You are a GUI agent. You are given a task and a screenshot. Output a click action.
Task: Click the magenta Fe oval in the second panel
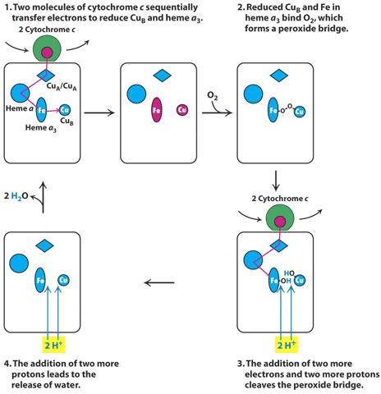coord(157,110)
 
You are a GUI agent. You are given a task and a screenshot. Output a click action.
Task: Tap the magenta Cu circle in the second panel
coord(182,110)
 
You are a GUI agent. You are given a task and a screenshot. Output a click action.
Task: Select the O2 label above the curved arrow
coord(213,96)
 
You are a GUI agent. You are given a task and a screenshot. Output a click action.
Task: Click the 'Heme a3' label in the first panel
coord(41,128)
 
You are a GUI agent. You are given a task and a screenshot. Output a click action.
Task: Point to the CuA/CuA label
coord(62,86)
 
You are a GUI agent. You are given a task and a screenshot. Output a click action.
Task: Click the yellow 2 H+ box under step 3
coord(287,345)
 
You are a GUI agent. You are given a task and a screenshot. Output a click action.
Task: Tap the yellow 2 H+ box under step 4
coord(53,345)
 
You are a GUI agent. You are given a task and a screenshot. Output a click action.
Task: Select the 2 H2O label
coord(16,196)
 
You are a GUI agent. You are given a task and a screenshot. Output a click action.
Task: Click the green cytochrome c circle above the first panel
coord(47,49)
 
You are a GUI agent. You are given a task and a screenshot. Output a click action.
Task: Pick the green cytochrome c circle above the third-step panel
coord(280,219)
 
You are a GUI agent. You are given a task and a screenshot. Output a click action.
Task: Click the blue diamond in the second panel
coord(162,76)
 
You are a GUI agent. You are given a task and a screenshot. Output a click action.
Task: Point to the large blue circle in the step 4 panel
coord(19,263)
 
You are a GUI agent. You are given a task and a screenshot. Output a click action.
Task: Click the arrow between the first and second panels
coord(99,112)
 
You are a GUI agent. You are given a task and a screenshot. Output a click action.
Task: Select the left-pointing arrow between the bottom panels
coord(159,282)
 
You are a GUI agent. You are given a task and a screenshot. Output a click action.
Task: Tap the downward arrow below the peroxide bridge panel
coord(276,181)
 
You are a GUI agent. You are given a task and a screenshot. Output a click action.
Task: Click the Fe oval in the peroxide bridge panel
coord(273,110)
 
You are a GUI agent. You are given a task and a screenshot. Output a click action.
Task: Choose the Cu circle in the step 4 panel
coord(63,280)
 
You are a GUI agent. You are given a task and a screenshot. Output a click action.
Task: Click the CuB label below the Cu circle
coord(67,121)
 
